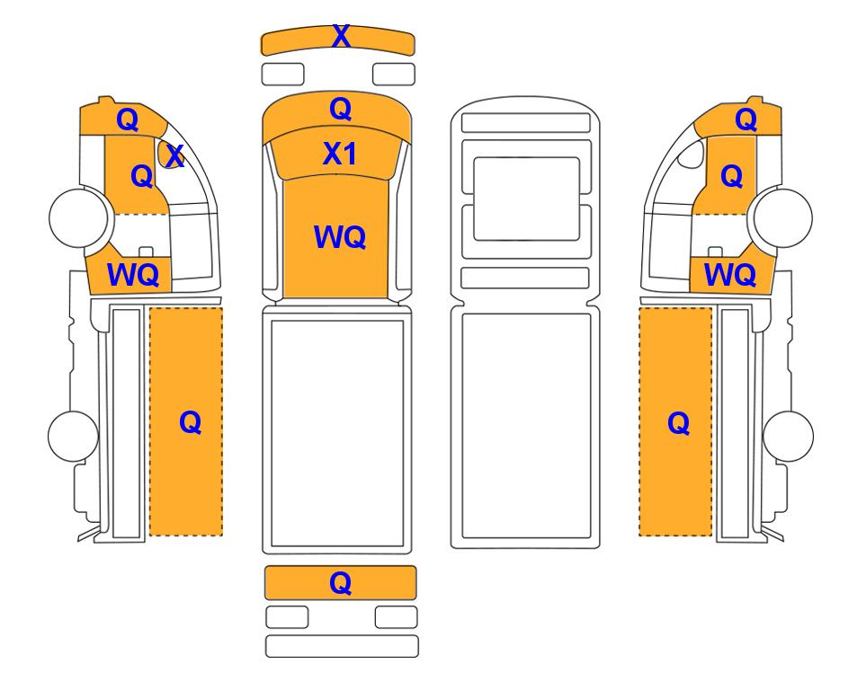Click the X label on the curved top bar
341,37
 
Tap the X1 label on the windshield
340,154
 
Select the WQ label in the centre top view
340,237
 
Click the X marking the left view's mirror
174,156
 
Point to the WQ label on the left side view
133,274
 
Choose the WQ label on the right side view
730,274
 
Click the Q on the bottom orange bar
340,582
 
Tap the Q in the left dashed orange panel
190,423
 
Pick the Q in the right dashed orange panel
678,423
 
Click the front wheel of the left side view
78,217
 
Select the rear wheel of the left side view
73,436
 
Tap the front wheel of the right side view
783,217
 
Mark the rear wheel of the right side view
788,436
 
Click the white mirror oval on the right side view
691,154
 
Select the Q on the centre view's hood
340,109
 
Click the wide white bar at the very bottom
342,646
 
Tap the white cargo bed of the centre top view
337,434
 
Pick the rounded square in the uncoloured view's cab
526,199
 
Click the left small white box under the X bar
282,74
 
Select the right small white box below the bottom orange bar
396,617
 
